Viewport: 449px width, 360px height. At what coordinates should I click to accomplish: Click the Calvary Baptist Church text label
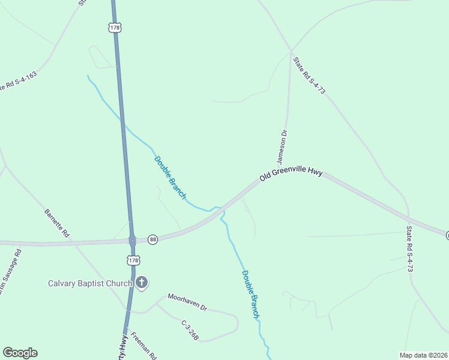pyautogui.click(x=90, y=283)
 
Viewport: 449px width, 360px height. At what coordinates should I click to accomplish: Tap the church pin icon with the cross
pyautogui.click(x=142, y=282)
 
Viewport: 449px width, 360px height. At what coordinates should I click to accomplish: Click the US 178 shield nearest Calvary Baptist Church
pyautogui.click(x=133, y=260)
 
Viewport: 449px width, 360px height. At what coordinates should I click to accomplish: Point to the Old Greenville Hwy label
pyautogui.click(x=291, y=175)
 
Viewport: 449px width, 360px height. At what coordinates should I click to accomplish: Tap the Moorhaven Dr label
pyautogui.click(x=187, y=302)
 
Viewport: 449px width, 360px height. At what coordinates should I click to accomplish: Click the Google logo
pyautogui.click(x=20, y=353)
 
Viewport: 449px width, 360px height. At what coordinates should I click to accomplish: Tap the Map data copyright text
pyautogui.click(x=423, y=355)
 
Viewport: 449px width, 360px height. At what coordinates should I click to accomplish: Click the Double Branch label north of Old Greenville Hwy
pyautogui.click(x=170, y=178)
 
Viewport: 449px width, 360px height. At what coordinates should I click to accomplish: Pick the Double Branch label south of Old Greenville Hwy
pyautogui.click(x=251, y=293)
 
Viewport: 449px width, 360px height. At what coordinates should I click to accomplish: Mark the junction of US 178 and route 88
pyautogui.click(x=132, y=240)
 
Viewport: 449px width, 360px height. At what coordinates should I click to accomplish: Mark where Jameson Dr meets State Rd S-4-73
pyautogui.click(x=291, y=50)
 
